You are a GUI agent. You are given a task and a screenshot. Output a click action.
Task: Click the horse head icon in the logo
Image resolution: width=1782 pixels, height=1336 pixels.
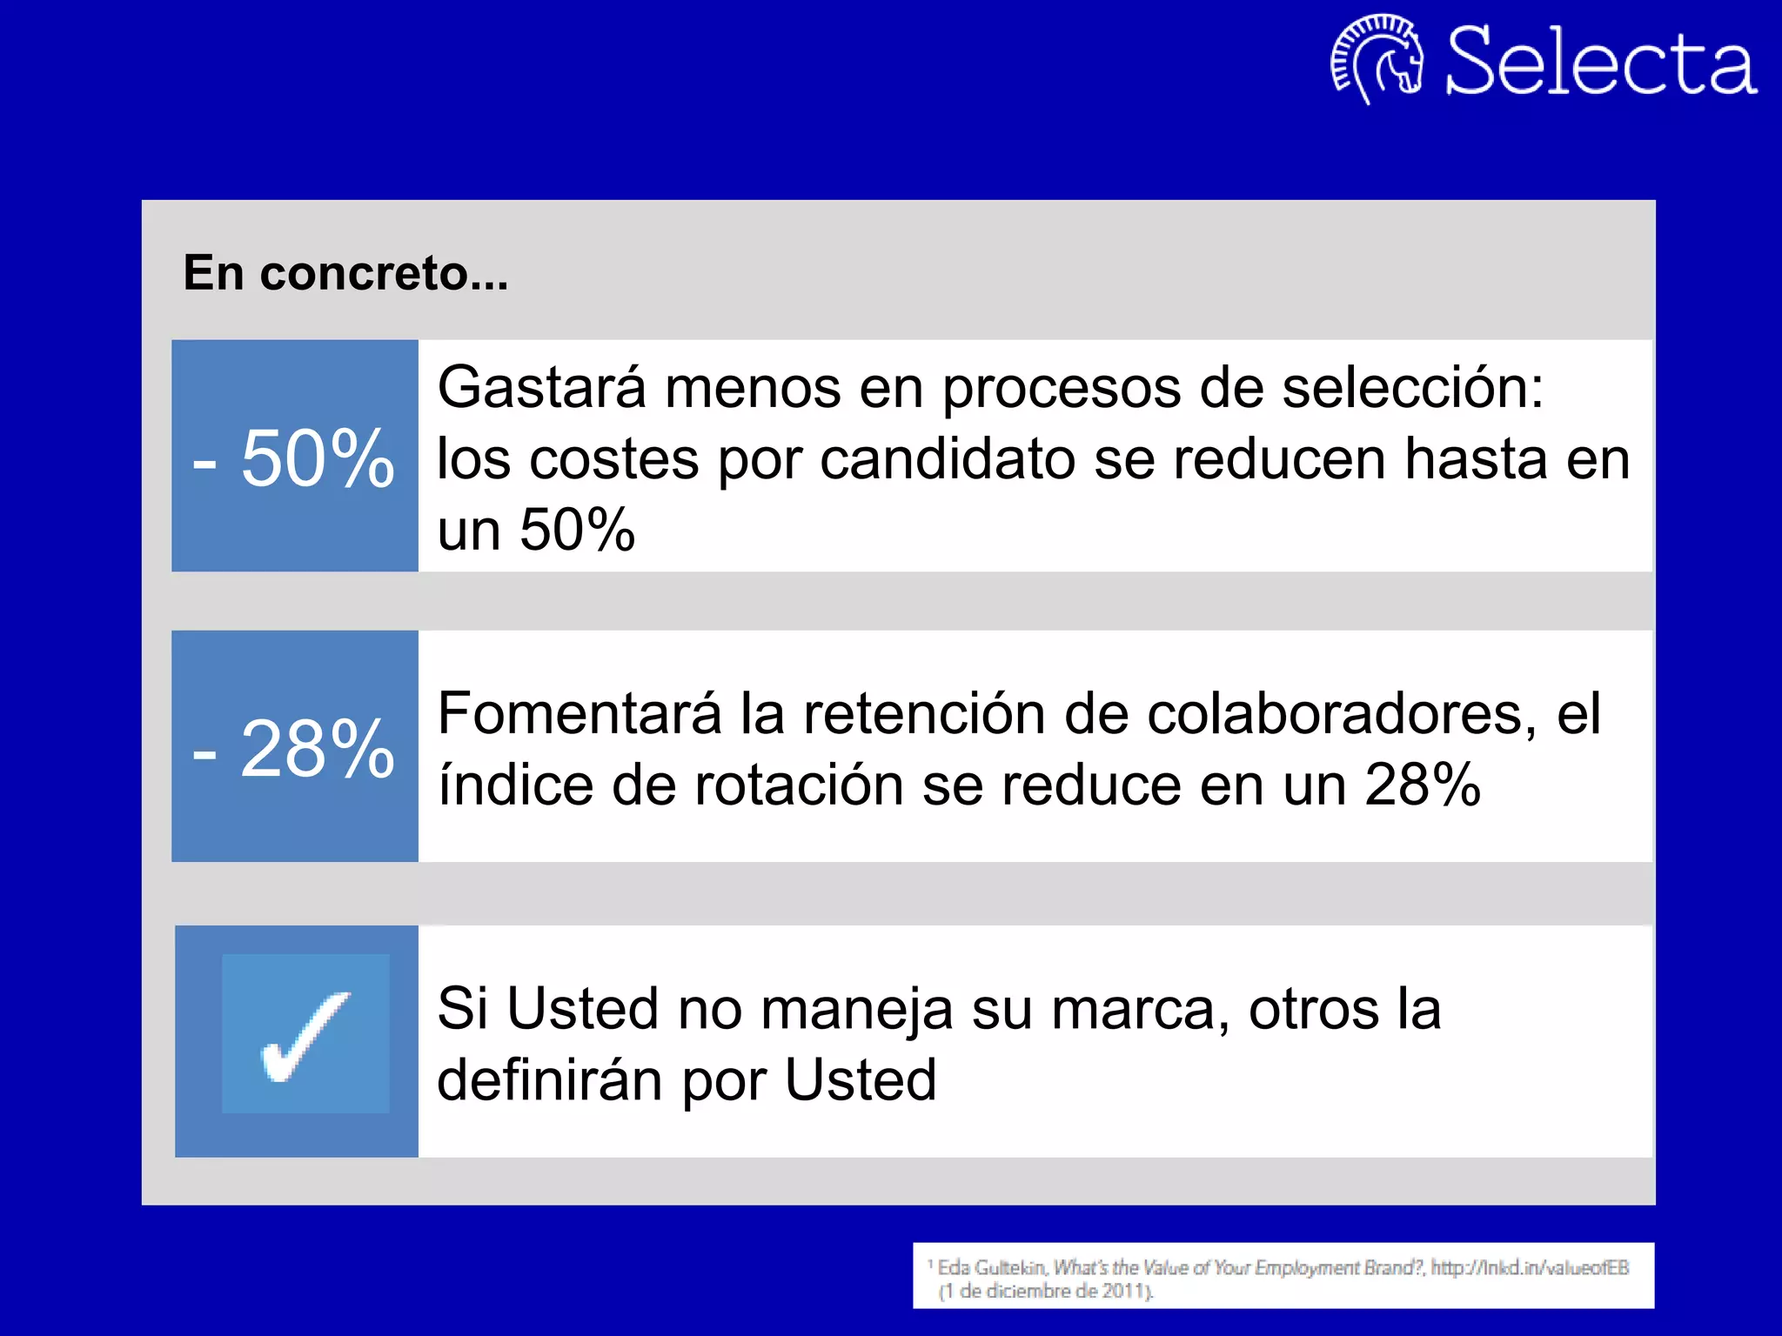1378,59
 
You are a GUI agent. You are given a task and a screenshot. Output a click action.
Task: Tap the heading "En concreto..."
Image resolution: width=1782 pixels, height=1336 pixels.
345,273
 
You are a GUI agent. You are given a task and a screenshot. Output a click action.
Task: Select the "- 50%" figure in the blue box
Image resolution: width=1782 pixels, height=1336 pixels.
294,458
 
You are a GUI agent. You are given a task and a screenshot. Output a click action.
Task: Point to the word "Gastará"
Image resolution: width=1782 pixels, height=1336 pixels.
541,387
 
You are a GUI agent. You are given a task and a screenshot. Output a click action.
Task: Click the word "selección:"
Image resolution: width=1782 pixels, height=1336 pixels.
1413,387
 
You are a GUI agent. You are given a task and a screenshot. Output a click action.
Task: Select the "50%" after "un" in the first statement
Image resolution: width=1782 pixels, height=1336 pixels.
578,530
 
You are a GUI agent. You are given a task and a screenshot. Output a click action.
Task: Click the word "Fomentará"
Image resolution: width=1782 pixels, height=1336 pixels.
579,714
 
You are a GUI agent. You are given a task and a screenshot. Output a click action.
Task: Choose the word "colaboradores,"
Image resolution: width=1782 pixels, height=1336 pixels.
1341,714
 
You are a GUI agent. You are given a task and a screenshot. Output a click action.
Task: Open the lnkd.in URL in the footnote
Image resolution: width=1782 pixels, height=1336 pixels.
1530,1268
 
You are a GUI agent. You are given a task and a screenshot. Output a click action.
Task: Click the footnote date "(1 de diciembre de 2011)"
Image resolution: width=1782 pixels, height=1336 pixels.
1046,1292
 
